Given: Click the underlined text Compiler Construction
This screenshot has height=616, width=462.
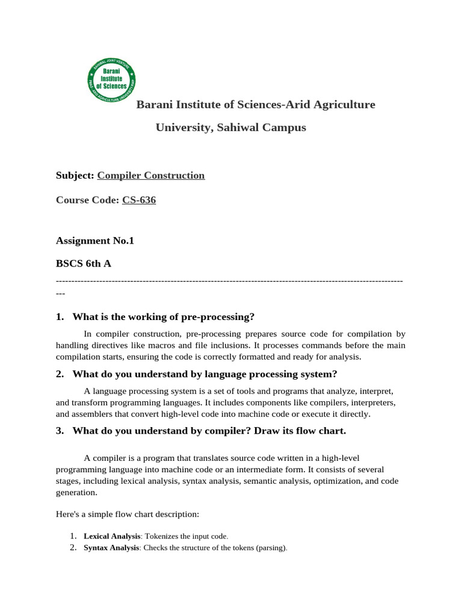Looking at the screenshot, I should [x=151, y=176].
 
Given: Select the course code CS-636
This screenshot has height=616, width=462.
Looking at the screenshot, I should [x=139, y=200].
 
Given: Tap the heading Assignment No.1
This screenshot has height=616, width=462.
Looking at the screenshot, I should [x=95, y=241].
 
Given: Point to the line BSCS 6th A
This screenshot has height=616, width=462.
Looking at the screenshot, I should [x=84, y=263].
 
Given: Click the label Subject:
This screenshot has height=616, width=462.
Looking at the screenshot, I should [x=75, y=176].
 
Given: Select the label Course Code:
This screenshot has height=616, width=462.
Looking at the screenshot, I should [x=88, y=200].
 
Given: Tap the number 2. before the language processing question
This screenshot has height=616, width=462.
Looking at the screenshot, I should [x=60, y=374].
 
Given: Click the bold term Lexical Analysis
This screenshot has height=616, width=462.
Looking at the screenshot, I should [x=112, y=536].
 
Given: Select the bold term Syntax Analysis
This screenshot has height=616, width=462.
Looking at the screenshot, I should [x=111, y=548].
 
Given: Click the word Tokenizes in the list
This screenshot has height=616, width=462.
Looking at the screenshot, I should [x=161, y=536].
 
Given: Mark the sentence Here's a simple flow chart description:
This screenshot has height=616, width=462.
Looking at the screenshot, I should [x=127, y=515].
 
